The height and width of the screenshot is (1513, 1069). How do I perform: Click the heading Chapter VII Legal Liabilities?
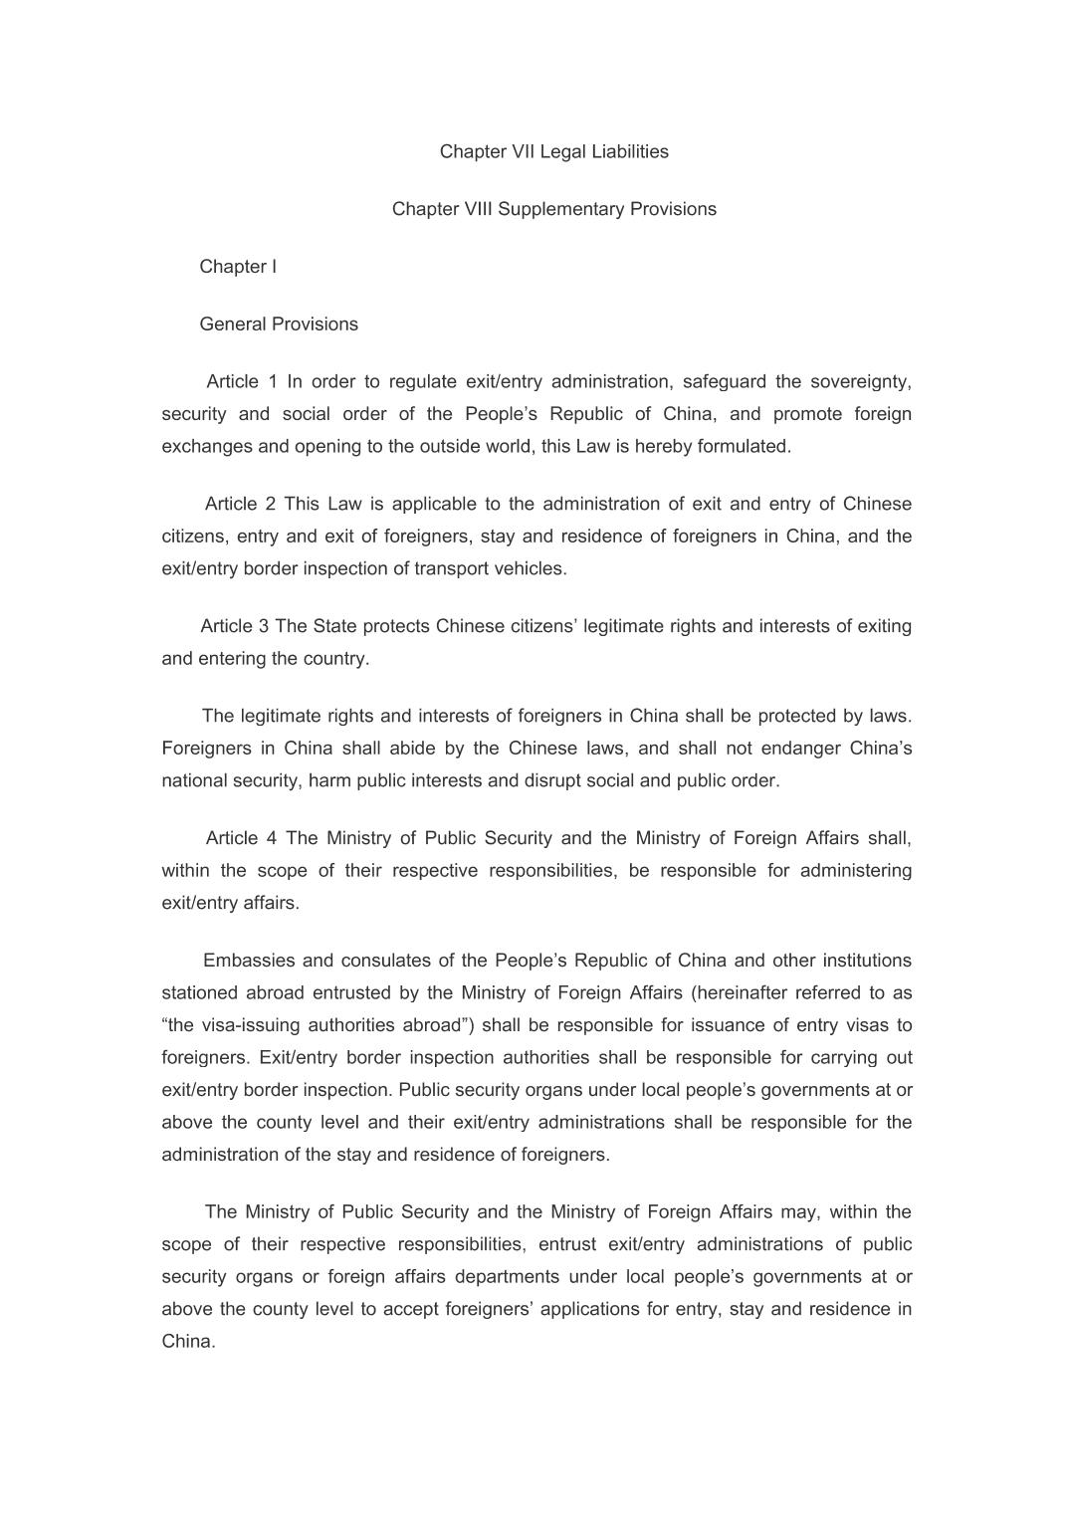[553, 151]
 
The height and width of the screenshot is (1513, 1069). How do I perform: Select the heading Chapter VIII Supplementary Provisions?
[553, 209]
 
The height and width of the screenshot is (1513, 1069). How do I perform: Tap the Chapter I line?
[238, 267]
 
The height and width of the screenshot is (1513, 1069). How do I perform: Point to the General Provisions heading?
[279, 324]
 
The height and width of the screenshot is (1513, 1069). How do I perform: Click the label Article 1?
[242, 382]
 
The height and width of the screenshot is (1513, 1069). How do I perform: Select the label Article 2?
[240, 505]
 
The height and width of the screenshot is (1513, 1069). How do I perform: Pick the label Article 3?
[235, 626]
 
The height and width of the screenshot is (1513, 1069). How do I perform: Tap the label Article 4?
[241, 838]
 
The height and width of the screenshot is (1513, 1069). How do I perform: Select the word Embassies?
[248, 961]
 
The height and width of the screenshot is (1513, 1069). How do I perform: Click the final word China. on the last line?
[189, 1342]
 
